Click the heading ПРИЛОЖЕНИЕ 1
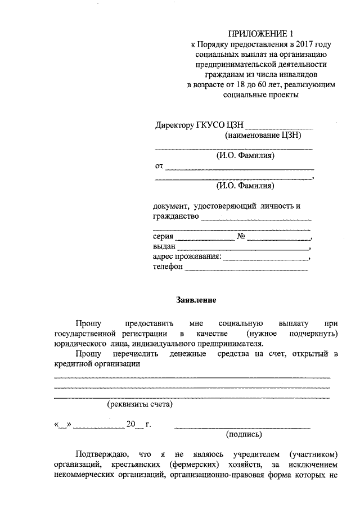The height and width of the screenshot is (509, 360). pos(261,34)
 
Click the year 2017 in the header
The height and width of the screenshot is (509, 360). pos(301,44)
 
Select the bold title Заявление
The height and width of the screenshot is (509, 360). pos(195,300)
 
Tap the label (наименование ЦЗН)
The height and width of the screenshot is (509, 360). pos(263,136)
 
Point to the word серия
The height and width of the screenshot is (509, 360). pos(163,237)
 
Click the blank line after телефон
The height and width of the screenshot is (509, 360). pos(246,269)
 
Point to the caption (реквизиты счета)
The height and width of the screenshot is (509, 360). pos(140,404)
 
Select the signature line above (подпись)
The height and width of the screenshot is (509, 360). pos(242,427)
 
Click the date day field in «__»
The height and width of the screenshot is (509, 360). pos(62,425)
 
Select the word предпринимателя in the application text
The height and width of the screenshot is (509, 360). pos(230,344)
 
